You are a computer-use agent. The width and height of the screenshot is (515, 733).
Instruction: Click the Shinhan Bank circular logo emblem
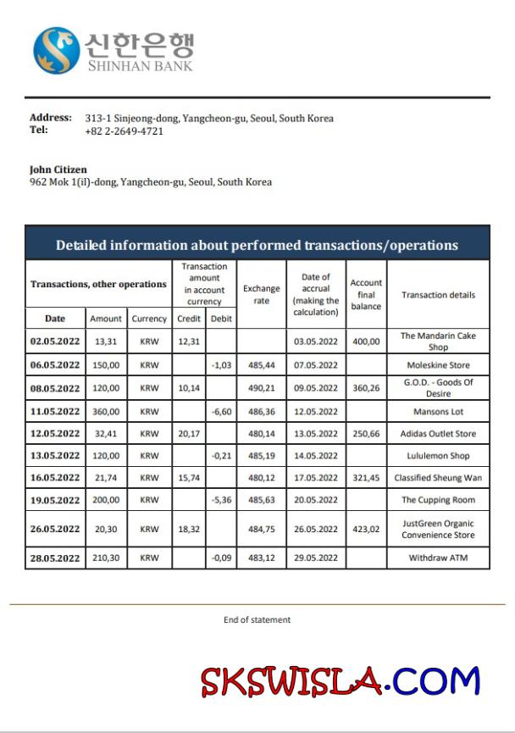[57, 50]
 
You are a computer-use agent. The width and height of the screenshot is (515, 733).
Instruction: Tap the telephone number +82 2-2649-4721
[125, 131]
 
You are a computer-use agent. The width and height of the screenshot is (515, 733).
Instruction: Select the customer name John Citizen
[58, 169]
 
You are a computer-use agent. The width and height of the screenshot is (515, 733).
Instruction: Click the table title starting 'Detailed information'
[257, 245]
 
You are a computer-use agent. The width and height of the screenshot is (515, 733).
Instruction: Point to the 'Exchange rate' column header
[261, 295]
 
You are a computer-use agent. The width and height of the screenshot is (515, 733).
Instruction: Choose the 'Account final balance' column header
[366, 295]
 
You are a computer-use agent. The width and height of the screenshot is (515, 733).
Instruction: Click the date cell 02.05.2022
[55, 342]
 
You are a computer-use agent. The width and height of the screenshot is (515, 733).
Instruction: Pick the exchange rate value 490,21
[261, 388]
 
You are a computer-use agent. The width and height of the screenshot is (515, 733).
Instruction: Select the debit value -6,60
[220, 412]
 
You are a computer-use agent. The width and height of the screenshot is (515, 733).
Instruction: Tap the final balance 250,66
[366, 434]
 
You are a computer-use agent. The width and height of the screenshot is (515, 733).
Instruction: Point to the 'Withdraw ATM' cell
[438, 558]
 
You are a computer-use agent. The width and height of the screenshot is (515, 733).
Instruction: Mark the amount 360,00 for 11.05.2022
[106, 412]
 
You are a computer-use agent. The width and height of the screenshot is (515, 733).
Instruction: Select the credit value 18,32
[188, 529]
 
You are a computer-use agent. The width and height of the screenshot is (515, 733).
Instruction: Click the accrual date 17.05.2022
[315, 478]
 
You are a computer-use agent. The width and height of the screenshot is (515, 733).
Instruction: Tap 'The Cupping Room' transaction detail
[438, 500]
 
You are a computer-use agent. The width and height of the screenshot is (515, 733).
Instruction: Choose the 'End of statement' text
[257, 619]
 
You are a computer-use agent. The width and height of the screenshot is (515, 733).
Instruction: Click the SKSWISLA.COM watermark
[340, 680]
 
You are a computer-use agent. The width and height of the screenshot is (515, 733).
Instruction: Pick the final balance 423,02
[366, 529]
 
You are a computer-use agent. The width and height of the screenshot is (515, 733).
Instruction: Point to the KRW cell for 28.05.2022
[149, 558]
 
